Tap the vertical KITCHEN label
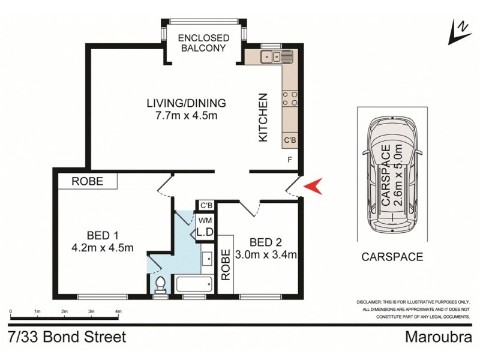coord(262,125)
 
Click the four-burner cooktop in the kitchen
coord(288,99)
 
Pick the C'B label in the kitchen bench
coord(289,140)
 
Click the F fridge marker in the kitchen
coord(290,160)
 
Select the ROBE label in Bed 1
coord(88,181)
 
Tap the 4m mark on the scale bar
coord(118,312)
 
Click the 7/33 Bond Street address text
coord(67,337)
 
